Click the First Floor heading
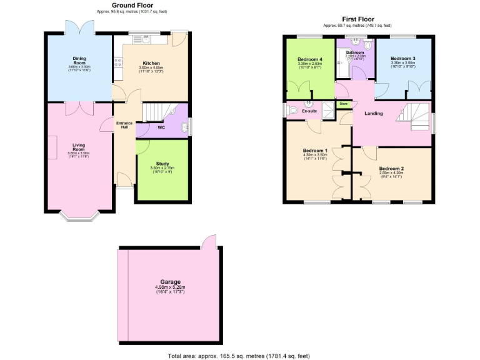click(357, 19)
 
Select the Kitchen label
click(151, 63)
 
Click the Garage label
click(170, 282)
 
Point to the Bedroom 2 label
click(392, 168)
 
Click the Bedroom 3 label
click(402, 58)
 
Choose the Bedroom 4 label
click(310, 59)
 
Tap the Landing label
click(374, 113)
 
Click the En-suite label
click(309, 111)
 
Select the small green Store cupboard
click(343, 104)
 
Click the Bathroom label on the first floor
click(354, 52)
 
